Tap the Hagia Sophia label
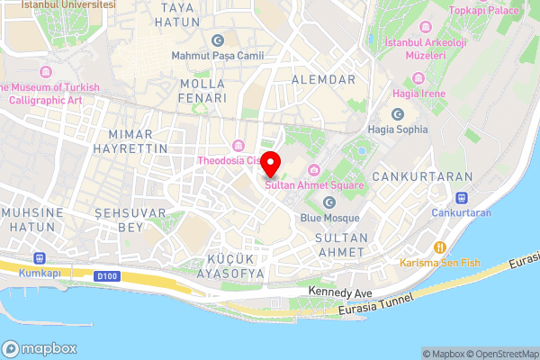[397, 130]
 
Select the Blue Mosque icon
[328, 202]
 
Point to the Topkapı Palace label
[485, 10]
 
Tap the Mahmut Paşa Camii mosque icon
[217, 40]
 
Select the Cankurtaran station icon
[462, 197]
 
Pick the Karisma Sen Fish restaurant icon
[440, 247]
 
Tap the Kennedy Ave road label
[339, 293]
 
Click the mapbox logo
[40, 348]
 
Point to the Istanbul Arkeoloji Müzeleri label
[415, 49]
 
